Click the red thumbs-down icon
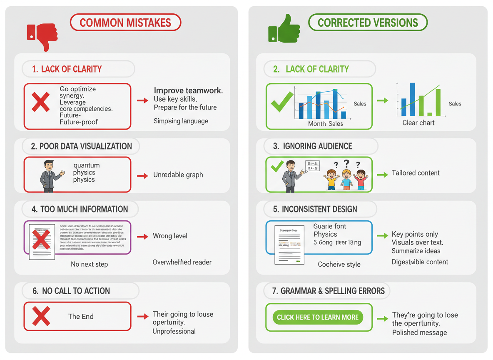[x=42, y=35]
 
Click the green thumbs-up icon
[x=284, y=30]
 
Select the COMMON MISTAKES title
[x=125, y=22]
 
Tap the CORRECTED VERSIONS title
[x=368, y=22]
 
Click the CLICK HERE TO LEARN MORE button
[x=318, y=317]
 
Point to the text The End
[x=81, y=316]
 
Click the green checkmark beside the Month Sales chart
[x=281, y=102]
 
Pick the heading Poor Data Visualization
[x=81, y=146]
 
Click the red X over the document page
[x=41, y=240]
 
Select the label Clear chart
[x=418, y=123]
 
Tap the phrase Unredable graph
[x=178, y=175]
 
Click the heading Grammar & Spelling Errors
[x=328, y=291]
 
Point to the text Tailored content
[x=416, y=173]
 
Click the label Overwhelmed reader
[x=182, y=262]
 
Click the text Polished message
[x=419, y=332]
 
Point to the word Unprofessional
[x=174, y=331]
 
